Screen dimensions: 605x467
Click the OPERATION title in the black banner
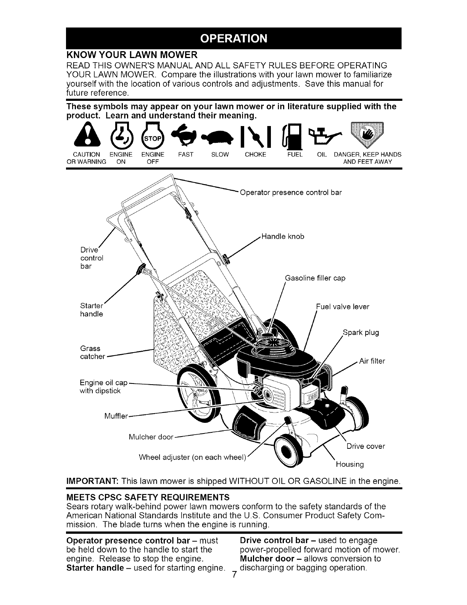coord(233,39)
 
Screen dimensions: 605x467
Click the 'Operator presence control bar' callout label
coord(290,192)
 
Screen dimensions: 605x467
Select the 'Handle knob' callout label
coord(283,236)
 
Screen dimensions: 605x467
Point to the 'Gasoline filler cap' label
coord(315,278)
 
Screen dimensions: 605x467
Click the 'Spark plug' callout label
coord(361,332)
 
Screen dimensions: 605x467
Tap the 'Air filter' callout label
coord(372,361)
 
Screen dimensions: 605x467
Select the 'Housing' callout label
coord(349,464)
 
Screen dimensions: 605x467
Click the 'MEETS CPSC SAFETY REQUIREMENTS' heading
coord(148,497)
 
